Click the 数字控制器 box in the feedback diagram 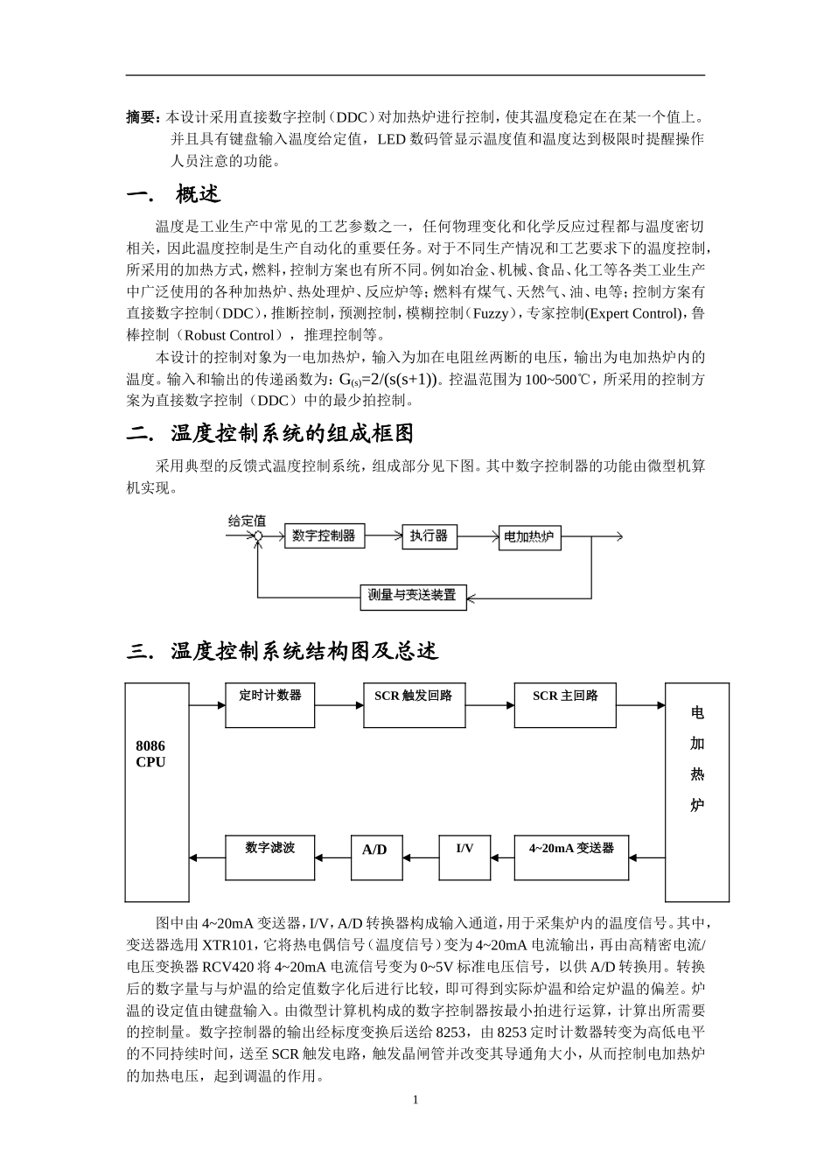[324, 535]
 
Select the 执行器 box [429, 535]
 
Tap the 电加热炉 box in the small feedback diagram [529, 537]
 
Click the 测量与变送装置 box [413, 596]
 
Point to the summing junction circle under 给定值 [257, 536]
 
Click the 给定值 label [247, 521]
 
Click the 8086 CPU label [150, 753]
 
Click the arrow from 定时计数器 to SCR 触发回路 [339, 704]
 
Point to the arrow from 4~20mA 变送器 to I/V [502, 857]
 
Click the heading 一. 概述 [174, 194]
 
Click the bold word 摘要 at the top [142, 116]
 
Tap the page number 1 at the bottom [415, 1100]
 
